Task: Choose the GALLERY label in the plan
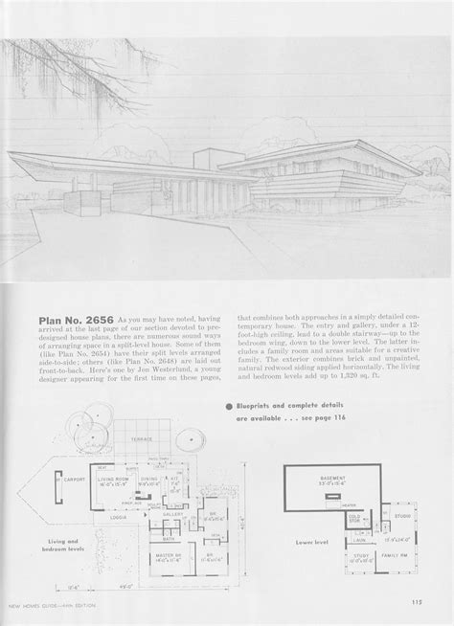(174, 512)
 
